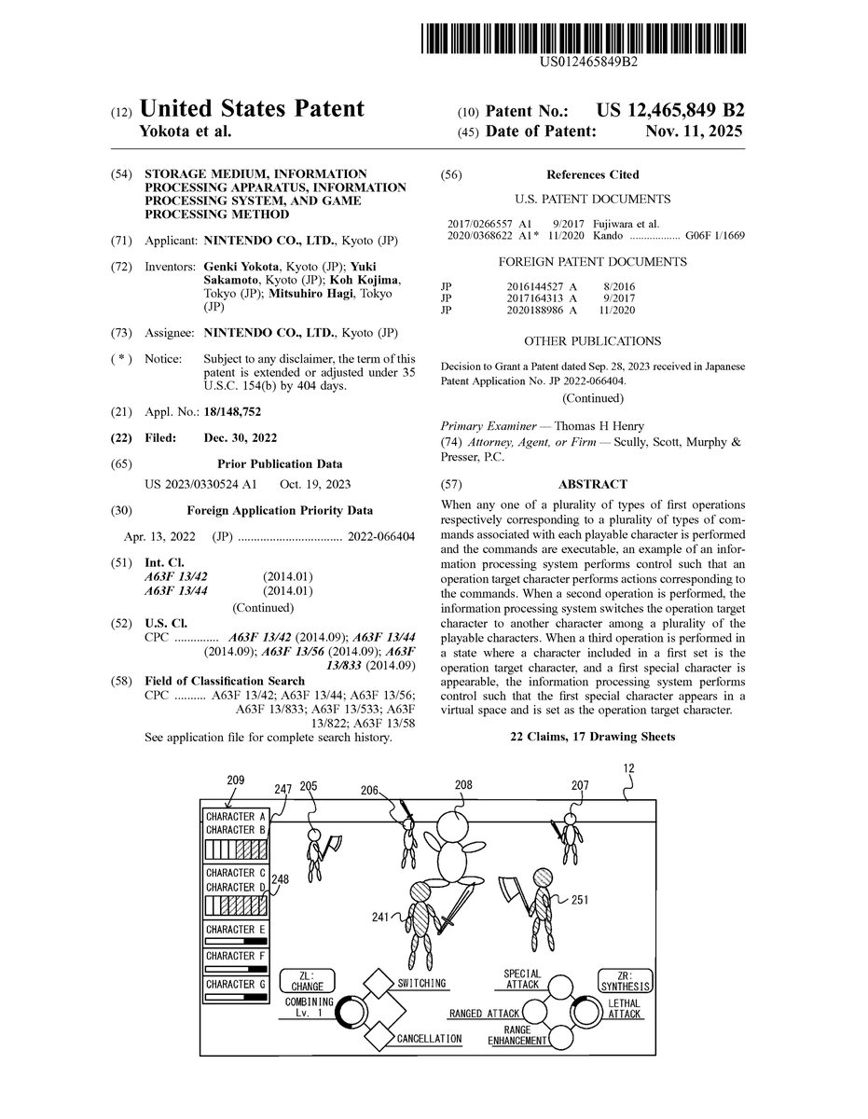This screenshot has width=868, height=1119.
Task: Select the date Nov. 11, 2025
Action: coord(694,131)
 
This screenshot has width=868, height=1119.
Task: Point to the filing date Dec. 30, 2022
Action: coord(240,437)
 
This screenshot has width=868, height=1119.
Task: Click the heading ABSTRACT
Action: coord(592,484)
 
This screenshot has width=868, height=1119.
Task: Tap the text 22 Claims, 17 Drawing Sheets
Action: coord(592,737)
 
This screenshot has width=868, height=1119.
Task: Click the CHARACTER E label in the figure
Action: coord(236,930)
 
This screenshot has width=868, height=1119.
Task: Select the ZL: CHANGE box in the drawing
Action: coord(307,979)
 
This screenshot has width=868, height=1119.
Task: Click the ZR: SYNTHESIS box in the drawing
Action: coord(626,979)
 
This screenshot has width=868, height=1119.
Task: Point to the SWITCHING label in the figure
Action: coord(421,983)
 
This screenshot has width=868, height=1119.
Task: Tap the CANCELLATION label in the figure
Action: coord(429,1038)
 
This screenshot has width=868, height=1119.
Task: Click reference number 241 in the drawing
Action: coord(379,918)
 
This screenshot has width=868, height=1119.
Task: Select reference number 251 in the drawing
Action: coord(579,900)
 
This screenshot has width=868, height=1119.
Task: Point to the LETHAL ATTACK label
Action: coord(624,1008)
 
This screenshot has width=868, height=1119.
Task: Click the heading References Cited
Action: coord(592,174)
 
